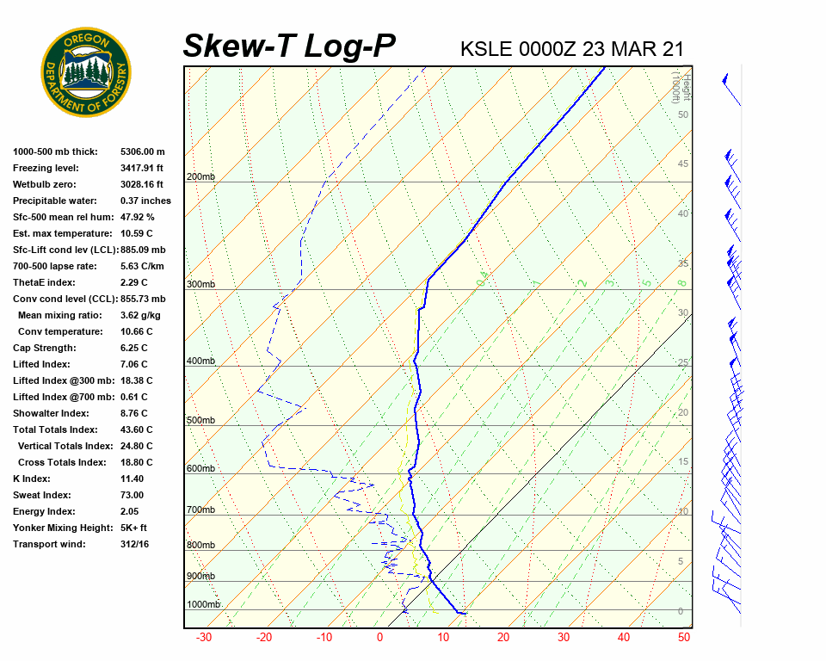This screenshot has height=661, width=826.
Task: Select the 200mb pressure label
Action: point(200,177)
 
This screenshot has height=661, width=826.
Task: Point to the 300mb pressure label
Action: point(200,284)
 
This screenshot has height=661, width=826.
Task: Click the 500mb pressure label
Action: point(200,420)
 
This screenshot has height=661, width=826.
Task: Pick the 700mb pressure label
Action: point(200,510)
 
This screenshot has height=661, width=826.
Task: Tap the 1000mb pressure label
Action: point(203,604)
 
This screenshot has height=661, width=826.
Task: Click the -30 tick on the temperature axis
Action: point(204,638)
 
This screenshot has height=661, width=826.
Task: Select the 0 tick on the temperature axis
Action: point(379,638)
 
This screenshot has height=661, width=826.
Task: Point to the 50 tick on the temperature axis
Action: point(684,638)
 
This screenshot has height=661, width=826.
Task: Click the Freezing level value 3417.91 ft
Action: point(148,168)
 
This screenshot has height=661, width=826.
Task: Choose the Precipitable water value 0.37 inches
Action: point(145,201)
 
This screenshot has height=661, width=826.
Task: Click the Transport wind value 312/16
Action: point(135,544)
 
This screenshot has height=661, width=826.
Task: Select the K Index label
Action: point(32,479)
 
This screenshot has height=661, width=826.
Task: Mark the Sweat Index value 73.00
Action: point(132,495)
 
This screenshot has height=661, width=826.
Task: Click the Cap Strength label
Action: point(44,348)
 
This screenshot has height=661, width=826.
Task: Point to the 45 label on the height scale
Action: point(683,164)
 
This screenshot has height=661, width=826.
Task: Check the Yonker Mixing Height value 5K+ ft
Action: point(134,528)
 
